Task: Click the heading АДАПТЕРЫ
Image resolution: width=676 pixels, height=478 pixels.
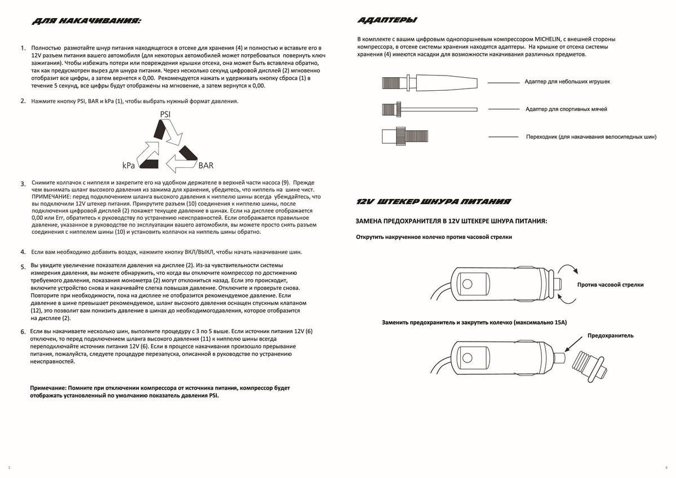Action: click(387, 21)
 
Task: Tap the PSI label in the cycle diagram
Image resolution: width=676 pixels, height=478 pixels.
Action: click(166, 114)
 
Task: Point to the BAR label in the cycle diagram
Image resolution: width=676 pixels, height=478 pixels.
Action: click(206, 166)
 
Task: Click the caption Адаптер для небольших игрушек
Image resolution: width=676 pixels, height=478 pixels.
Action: click(567, 82)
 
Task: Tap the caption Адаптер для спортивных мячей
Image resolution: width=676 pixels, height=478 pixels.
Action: click(566, 109)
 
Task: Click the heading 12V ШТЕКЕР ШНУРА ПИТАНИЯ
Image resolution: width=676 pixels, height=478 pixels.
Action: click(434, 201)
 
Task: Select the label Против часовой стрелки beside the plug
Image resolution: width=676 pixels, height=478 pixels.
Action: click(610, 285)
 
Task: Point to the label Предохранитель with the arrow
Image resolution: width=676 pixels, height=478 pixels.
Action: click(610, 335)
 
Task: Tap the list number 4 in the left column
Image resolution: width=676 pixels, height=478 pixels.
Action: click(23, 252)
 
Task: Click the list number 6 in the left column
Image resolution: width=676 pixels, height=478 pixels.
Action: click(23, 331)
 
